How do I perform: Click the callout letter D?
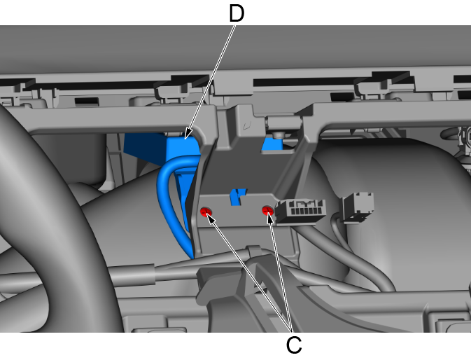pyautogui.click(x=237, y=13)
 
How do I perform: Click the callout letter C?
pyautogui.click(x=294, y=345)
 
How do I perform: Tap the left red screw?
pyautogui.click(x=206, y=212)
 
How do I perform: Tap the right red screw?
pyautogui.click(x=267, y=210)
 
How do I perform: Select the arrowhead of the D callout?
pyautogui.click(x=188, y=133)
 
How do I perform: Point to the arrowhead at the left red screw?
pyautogui.click(x=211, y=219)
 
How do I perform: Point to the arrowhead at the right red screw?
pyautogui.click(x=270, y=219)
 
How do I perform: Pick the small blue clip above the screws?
pyautogui.click(x=238, y=197)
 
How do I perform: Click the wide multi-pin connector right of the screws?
pyautogui.click(x=300, y=212)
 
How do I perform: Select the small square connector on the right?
pyautogui.click(x=359, y=207)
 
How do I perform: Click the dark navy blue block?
pyautogui.click(x=145, y=148)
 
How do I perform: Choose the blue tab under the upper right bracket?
pyautogui.click(x=272, y=144)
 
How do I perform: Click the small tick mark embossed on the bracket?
pyautogui.click(x=247, y=125)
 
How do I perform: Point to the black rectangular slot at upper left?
pyautogui.click(x=87, y=102)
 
